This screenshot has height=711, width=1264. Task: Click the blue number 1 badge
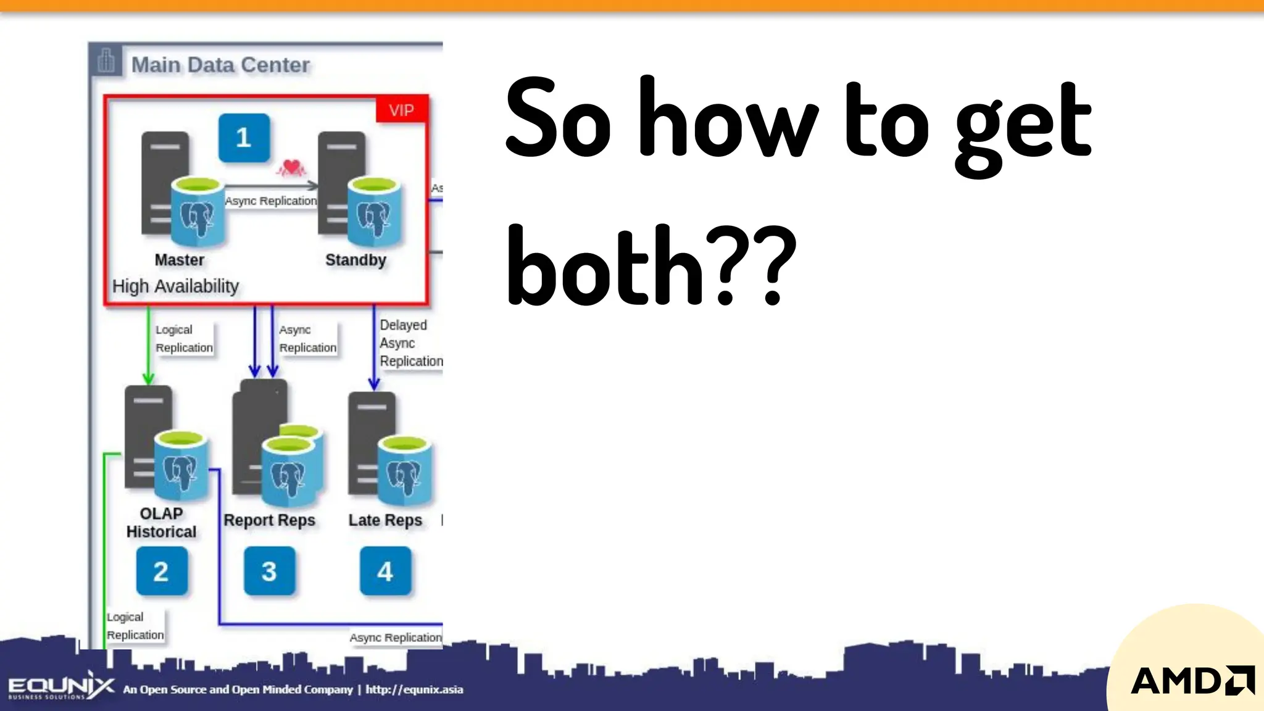coord(244,138)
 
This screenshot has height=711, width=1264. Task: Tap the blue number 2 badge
coord(161,571)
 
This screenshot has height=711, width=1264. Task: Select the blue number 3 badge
coord(269,571)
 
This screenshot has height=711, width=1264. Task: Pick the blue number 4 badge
coord(385,571)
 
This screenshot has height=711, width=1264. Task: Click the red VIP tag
coord(401,110)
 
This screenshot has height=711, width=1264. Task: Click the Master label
coord(179,260)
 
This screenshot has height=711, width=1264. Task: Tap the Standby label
coord(355,260)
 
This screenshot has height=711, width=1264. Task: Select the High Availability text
coord(175,286)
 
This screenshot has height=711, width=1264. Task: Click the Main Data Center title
coord(220,65)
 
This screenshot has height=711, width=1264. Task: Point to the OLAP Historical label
coord(161,523)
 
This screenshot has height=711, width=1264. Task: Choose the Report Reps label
coord(269,520)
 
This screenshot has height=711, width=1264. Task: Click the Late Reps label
coord(385,520)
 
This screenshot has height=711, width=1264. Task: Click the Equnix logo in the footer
coord(60,686)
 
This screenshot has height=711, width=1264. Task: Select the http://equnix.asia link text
coord(414,689)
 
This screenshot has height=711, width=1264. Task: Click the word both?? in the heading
coord(651,265)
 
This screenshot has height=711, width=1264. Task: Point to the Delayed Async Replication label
coord(410,343)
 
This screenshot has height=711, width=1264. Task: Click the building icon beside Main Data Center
coord(106,60)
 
